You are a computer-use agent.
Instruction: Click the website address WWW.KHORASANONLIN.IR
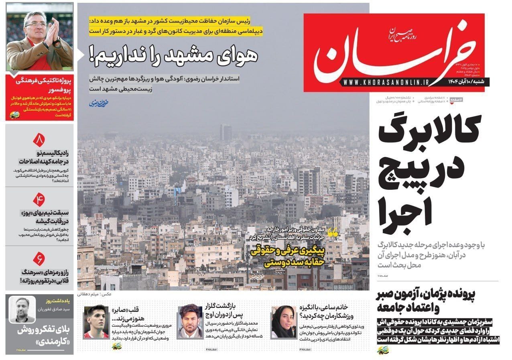386,82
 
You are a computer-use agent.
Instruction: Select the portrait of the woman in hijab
284,322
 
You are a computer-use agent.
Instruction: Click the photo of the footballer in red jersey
96,322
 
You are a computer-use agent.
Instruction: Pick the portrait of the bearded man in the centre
190,322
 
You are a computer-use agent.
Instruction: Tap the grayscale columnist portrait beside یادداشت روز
22,309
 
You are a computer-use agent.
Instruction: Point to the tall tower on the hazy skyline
226,132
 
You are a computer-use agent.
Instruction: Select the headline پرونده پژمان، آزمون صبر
425,301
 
